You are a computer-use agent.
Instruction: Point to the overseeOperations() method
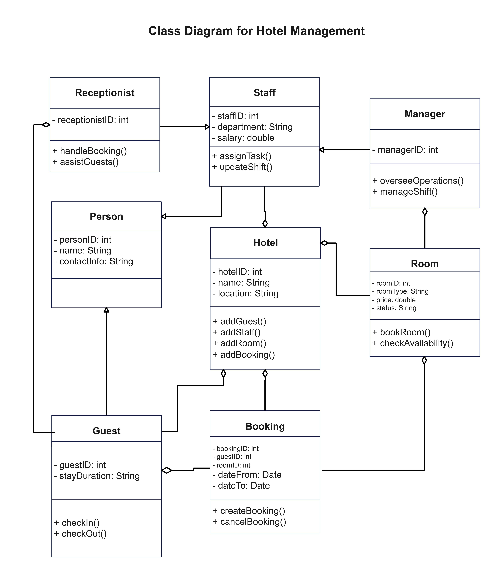point(418,181)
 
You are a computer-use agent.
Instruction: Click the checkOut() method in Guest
point(80,534)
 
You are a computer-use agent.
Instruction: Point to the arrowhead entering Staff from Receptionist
point(207,127)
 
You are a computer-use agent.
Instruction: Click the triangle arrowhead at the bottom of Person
point(106,310)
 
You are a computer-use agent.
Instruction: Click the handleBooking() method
point(90,151)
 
